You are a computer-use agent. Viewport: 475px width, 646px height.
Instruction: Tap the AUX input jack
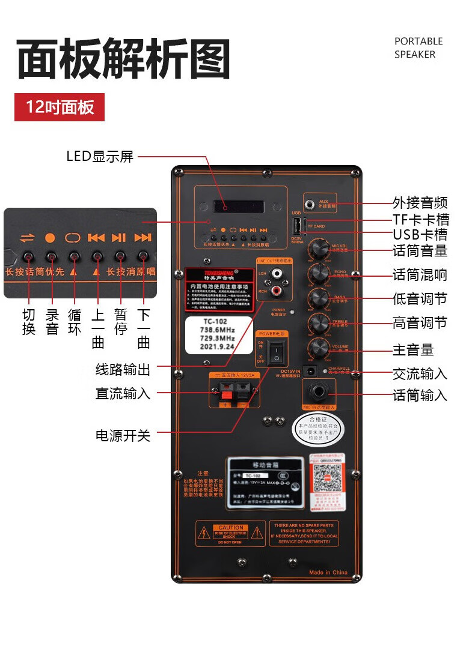pos(311,204)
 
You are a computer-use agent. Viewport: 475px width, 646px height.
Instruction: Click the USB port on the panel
pos(296,226)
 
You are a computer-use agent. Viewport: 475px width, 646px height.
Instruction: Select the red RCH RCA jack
pos(277,291)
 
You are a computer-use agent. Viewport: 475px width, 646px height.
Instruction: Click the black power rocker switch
pos(276,352)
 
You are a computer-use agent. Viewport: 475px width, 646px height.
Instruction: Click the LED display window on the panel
pos(238,207)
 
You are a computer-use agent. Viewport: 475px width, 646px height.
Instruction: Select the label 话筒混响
pos(420,275)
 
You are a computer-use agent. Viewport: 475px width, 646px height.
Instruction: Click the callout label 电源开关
pos(123,435)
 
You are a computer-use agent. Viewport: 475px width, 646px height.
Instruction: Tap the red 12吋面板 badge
pos(60,107)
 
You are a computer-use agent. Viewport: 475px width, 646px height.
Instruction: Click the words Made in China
pos(328,572)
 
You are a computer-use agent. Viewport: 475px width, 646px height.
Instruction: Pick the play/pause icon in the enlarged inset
pos(119,238)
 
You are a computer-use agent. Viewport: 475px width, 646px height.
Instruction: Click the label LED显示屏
pos(100,157)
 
